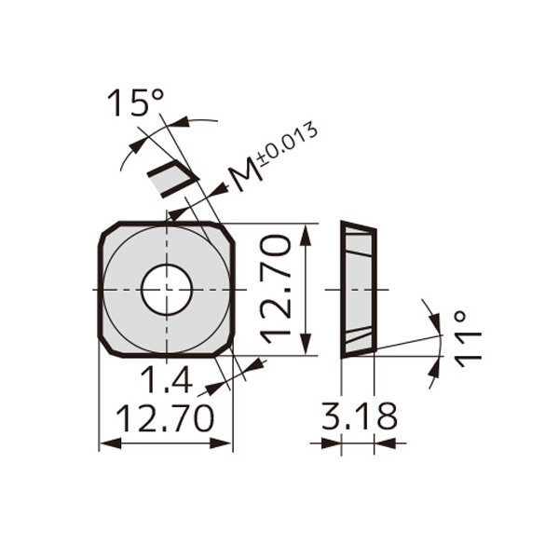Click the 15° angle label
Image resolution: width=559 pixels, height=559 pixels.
click(x=136, y=102)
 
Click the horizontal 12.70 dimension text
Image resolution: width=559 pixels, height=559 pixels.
click(x=164, y=418)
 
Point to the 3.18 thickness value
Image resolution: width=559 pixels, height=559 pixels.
click(x=359, y=416)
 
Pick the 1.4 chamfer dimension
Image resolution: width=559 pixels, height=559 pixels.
click(x=169, y=380)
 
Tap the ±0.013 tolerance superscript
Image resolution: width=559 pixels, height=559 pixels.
click(x=290, y=143)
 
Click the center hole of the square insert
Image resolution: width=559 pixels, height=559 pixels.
click(x=166, y=290)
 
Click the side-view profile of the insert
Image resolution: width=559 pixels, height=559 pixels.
click(x=358, y=290)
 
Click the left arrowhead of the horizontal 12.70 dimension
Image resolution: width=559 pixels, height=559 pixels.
click(x=105, y=443)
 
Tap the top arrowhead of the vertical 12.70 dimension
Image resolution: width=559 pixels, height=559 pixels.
click(x=307, y=230)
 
